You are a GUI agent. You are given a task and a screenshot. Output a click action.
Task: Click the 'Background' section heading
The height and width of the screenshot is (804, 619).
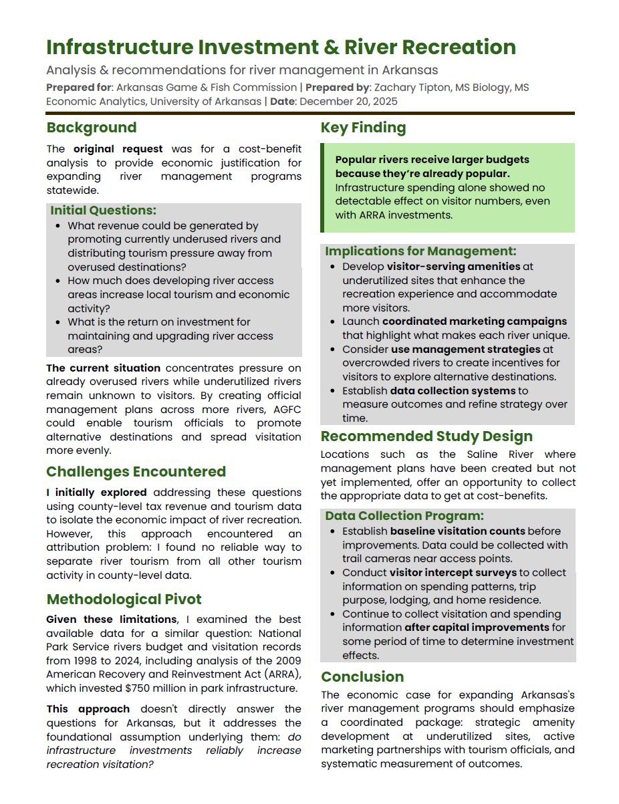91,128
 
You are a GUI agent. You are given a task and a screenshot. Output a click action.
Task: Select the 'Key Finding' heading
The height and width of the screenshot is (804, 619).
363,128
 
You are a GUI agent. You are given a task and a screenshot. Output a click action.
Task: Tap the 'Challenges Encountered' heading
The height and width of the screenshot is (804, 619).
136,472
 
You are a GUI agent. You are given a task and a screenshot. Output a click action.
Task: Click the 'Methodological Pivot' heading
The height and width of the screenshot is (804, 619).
124,599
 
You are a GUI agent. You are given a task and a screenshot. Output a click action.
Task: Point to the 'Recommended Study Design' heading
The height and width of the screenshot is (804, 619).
426,436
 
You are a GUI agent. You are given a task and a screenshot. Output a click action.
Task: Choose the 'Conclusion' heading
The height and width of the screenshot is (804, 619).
362,677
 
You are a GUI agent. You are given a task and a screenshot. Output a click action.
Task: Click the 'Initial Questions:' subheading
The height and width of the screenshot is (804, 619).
103,211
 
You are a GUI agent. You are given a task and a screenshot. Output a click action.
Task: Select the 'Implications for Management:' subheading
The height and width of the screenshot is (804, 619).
420,251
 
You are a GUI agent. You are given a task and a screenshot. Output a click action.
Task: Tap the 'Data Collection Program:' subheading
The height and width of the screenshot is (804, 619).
404,516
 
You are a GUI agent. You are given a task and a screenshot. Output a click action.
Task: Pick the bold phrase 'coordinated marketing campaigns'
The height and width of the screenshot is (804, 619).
475,321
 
